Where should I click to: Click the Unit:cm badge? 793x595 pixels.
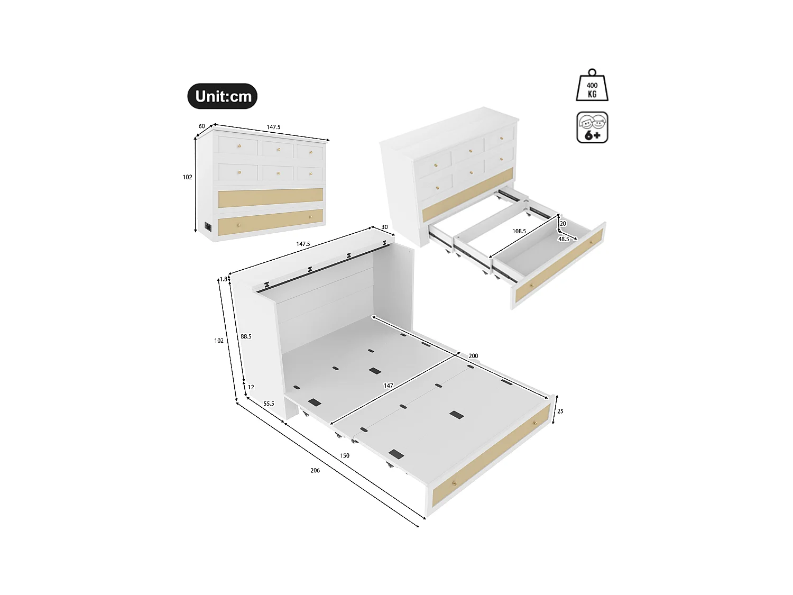(223, 96)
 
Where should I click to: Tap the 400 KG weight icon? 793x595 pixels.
(592, 86)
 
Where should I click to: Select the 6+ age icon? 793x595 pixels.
(592, 127)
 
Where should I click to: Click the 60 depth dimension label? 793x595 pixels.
(201, 126)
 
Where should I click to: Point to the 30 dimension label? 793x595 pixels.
(384, 227)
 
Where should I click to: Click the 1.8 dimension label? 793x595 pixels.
(224, 279)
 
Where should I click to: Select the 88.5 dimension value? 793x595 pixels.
(246, 336)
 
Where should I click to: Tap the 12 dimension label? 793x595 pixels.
(251, 387)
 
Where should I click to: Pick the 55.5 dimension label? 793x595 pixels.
(269, 404)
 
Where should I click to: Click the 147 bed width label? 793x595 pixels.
(389, 386)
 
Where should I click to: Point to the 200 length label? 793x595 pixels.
(473, 356)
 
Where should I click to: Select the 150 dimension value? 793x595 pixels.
(345, 456)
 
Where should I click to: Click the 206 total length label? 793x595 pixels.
(315, 471)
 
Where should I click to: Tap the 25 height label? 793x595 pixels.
(560, 411)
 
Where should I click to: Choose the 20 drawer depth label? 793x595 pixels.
(563, 224)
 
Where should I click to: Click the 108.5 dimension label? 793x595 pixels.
(519, 231)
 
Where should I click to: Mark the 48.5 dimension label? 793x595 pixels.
(564, 239)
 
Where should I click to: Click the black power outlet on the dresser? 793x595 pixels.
(208, 227)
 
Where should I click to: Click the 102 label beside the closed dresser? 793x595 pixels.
(188, 177)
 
